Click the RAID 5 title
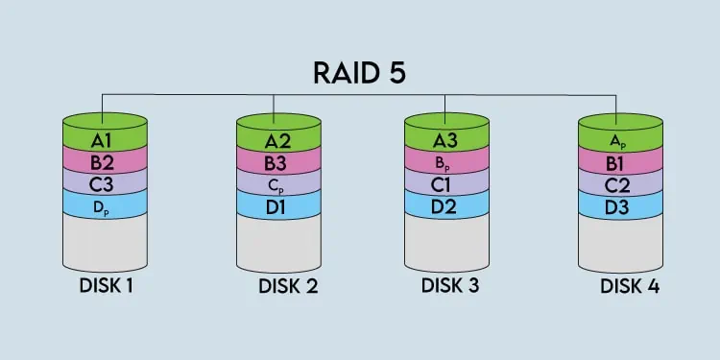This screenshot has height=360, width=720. [x=360, y=73]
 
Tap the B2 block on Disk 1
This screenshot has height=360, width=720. [x=105, y=163]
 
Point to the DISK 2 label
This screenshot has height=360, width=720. [x=288, y=286]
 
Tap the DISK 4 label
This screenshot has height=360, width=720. [x=630, y=286]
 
